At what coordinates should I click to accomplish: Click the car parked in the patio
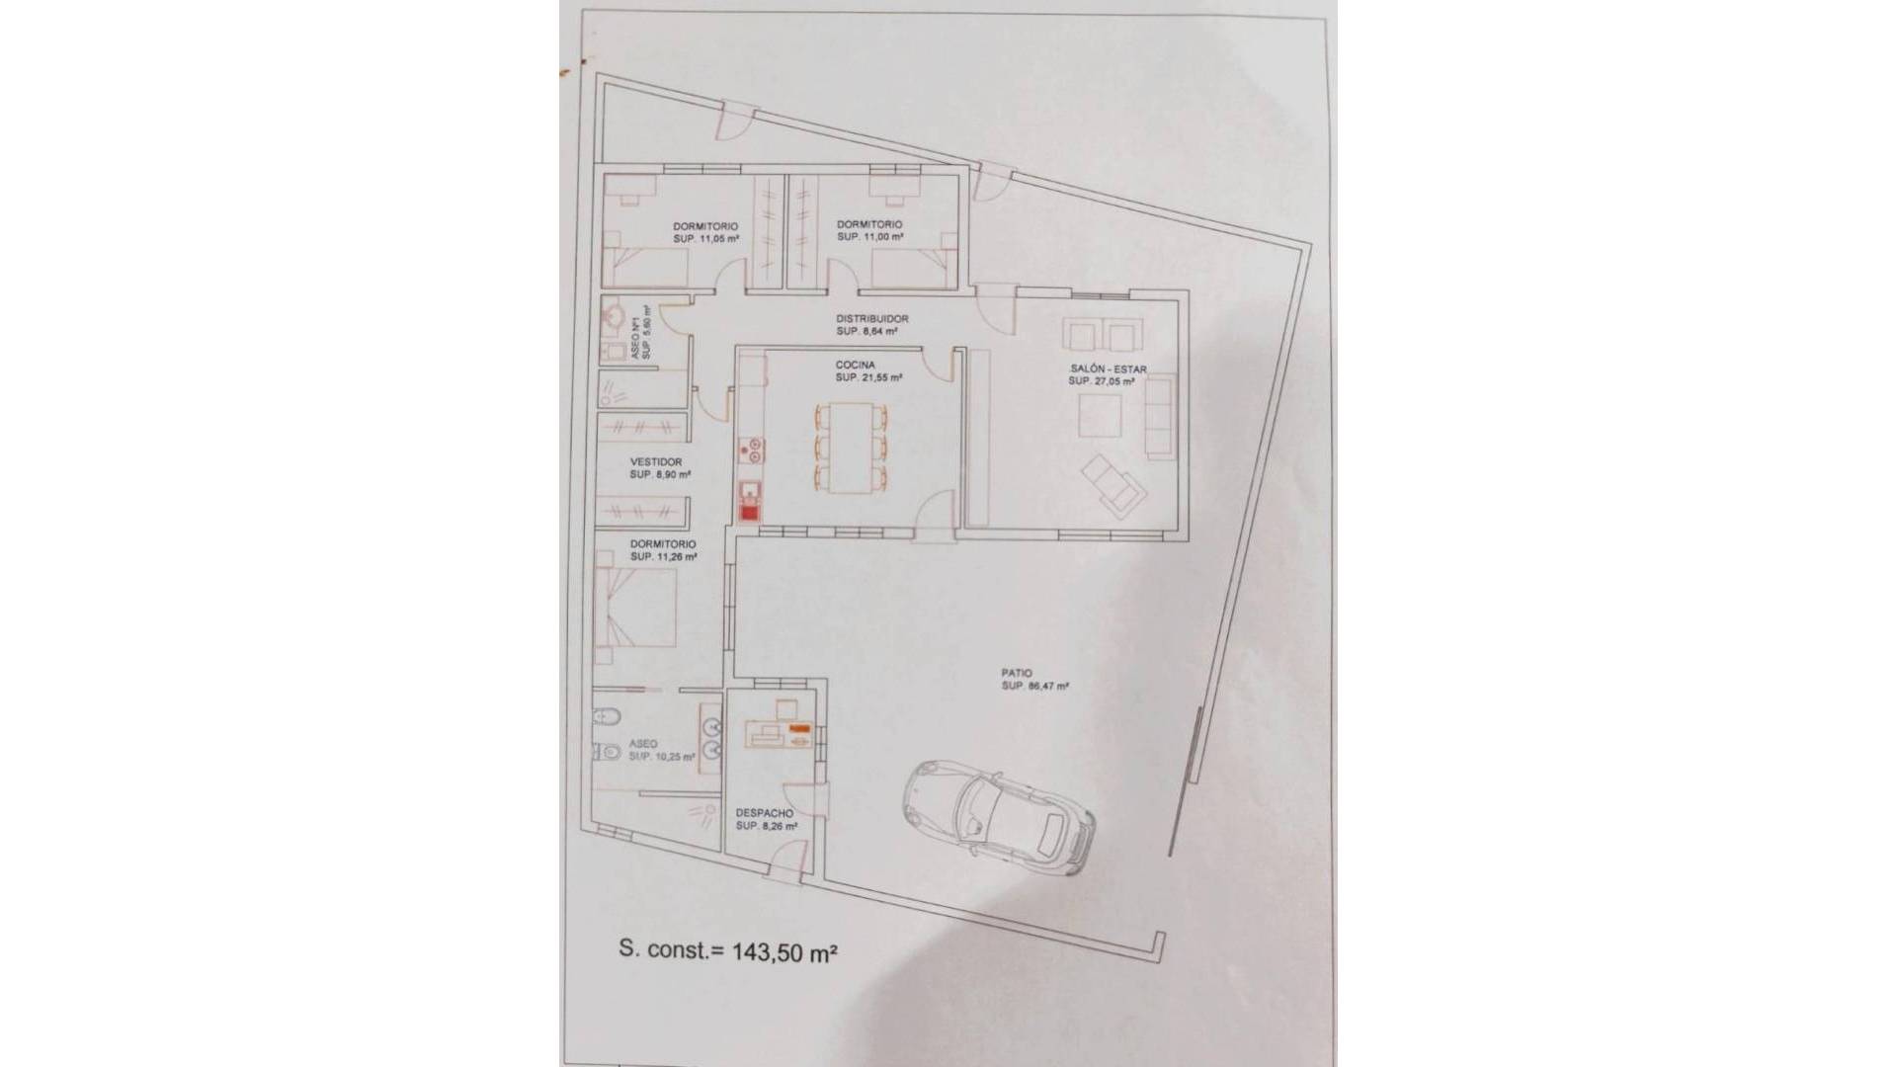pyautogui.click(x=999, y=813)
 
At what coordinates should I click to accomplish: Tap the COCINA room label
pyautogui.click(x=855, y=365)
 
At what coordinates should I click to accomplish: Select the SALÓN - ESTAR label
pyautogui.click(x=1107, y=369)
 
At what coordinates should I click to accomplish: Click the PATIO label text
pyautogui.click(x=1016, y=673)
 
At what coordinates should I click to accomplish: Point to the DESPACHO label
pyautogui.click(x=764, y=813)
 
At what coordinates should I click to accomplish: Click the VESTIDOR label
pyautogui.click(x=656, y=461)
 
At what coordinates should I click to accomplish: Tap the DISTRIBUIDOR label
pyautogui.click(x=871, y=319)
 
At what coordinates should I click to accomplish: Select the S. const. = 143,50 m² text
pyautogui.click(x=728, y=951)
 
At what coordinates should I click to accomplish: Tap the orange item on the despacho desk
pyautogui.click(x=800, y=729)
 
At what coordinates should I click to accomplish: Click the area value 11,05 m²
pyautogui.click(x=713, y=239)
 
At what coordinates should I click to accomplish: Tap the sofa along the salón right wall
pyautogui.click(x=1159, y=415)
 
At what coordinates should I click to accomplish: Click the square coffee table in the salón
pyautogui.click(x=1101, y=416)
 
